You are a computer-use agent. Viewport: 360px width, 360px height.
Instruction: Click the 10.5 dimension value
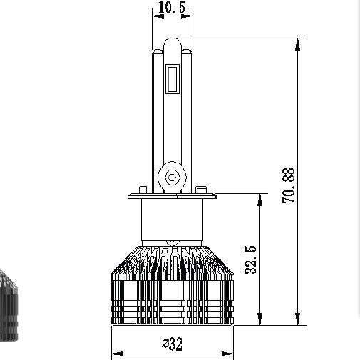click(x=168, y=9)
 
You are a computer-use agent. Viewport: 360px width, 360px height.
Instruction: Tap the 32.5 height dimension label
click(x=250, y=259)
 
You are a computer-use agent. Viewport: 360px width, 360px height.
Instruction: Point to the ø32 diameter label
click(x=173, y=344)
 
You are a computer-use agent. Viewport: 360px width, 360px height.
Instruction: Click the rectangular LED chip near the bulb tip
click(x=173, y=79)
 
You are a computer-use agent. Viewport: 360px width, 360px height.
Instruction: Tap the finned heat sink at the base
click(x=173, y=289)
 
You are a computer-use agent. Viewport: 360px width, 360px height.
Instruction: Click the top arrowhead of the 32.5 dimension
click(x=262, y=198)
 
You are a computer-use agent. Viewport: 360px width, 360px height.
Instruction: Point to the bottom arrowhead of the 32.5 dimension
click(x=262, y=320)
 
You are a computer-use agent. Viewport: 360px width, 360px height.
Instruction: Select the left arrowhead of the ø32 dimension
click(x=117, y=354)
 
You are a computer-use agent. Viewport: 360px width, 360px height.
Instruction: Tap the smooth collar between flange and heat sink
click(x=173, y=221)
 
